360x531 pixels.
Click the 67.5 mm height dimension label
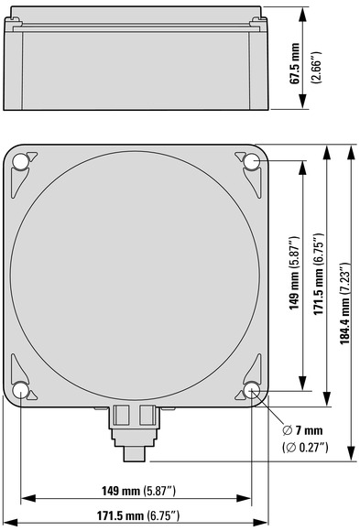point(295,63)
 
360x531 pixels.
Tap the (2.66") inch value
point(318,68)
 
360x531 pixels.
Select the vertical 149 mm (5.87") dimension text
point(294,273)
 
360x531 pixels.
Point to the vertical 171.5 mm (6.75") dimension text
point(319,274)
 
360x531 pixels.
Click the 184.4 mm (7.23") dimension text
point(345,303)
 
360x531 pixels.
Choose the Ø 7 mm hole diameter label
point(302,431)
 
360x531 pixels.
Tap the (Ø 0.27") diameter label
point(305,448)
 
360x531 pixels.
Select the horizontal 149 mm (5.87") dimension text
point(139,491)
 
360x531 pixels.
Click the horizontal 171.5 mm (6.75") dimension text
point(138,516)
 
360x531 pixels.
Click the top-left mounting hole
point(21,161)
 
